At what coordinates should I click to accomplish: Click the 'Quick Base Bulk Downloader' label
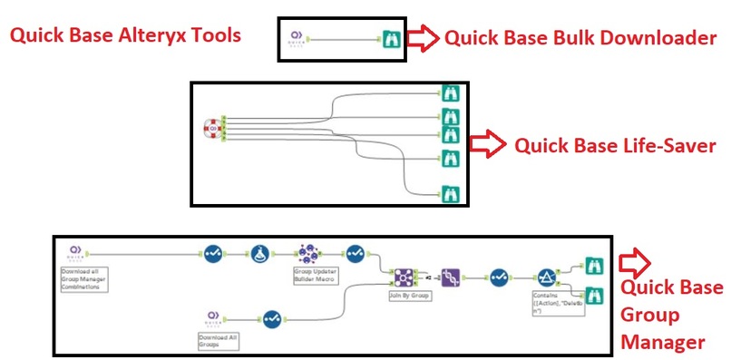coord(580,38)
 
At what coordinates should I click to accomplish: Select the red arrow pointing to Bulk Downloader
coord(423,38)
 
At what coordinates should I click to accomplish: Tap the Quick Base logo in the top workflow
coord(295,39)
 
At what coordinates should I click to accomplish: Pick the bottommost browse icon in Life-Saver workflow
coord(449,192)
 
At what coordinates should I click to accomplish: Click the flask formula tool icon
coord(259,254)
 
